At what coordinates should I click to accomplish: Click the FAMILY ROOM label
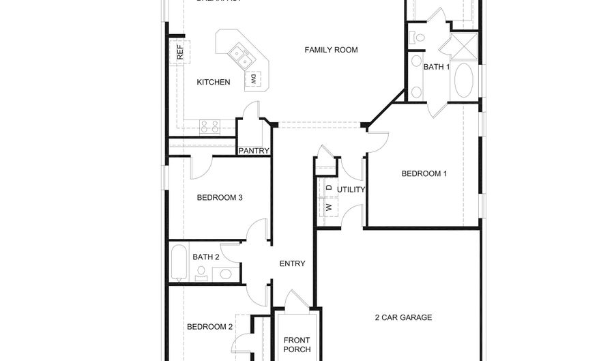pyautogui.click(x=331, y=50)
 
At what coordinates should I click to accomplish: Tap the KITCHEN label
pyautogui.click(x=214, y=83)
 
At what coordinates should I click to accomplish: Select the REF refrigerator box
pyautogui.click(x=179, y=53)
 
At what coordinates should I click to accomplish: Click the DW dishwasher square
pyautogui.click(x=253, y=78)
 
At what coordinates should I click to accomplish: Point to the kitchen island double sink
pyautogui.click(x=239, y=55)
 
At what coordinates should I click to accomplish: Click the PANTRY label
pyautogui.click(x=254, y=151)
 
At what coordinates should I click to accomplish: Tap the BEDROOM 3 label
pyautogui.click(x=220, y=198)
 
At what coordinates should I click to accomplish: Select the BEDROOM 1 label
pyautogui.click(x=424, y=173)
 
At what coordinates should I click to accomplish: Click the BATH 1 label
pyautogui.click(x=437, y=67)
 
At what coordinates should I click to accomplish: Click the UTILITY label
pyautogui.click(x=351, y=190)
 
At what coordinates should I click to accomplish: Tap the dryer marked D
pyautogui.click(x=328, y=187)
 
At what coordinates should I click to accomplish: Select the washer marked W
pyautogui.click(x=328, y=207)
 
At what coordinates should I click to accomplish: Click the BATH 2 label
pyautogui.click(x=205, y=257)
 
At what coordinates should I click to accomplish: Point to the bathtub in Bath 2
pyautogui.click(x=178, y=262)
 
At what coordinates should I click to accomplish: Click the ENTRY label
pyautogui.click(x=293, y=264)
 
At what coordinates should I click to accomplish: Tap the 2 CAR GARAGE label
pyautogui.click(x=403, y=317)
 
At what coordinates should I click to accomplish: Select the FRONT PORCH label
pyautogui.click(x=297, y=345)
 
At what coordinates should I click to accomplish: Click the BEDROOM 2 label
pyautogui.click(x=210, y=327)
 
